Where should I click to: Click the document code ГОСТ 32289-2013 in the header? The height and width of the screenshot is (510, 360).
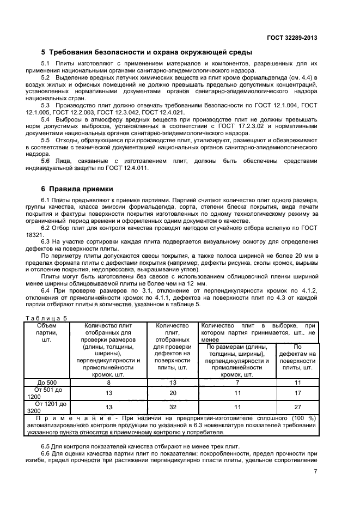pos(292,38)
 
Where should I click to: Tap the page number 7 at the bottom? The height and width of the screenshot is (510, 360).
pos(315,472)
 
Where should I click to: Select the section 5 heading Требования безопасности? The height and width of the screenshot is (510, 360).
pos(147,52)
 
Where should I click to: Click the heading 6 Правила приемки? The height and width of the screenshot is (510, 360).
pos(77,189)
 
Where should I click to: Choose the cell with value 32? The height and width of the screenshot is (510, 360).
pos(172,407)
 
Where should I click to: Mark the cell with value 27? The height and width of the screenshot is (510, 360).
pos(297,407)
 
